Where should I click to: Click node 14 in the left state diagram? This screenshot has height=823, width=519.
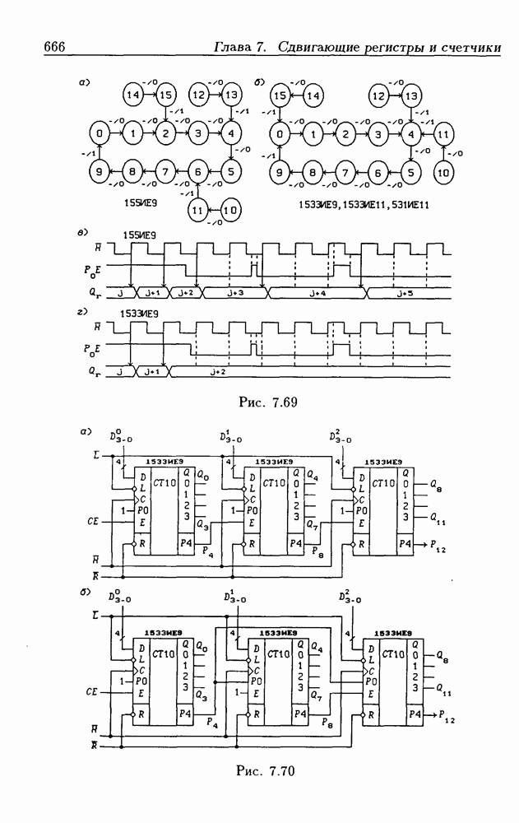(x=133, y=95)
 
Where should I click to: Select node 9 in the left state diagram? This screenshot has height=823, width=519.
(x=99, y=172)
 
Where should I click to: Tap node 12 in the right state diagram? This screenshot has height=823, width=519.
(x=378, y=95)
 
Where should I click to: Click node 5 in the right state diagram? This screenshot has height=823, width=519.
(x=410, y=173)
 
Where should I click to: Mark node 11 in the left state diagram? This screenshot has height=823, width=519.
(x=197, y=209)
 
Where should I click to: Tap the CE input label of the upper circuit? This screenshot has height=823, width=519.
(x=94, y=521)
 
